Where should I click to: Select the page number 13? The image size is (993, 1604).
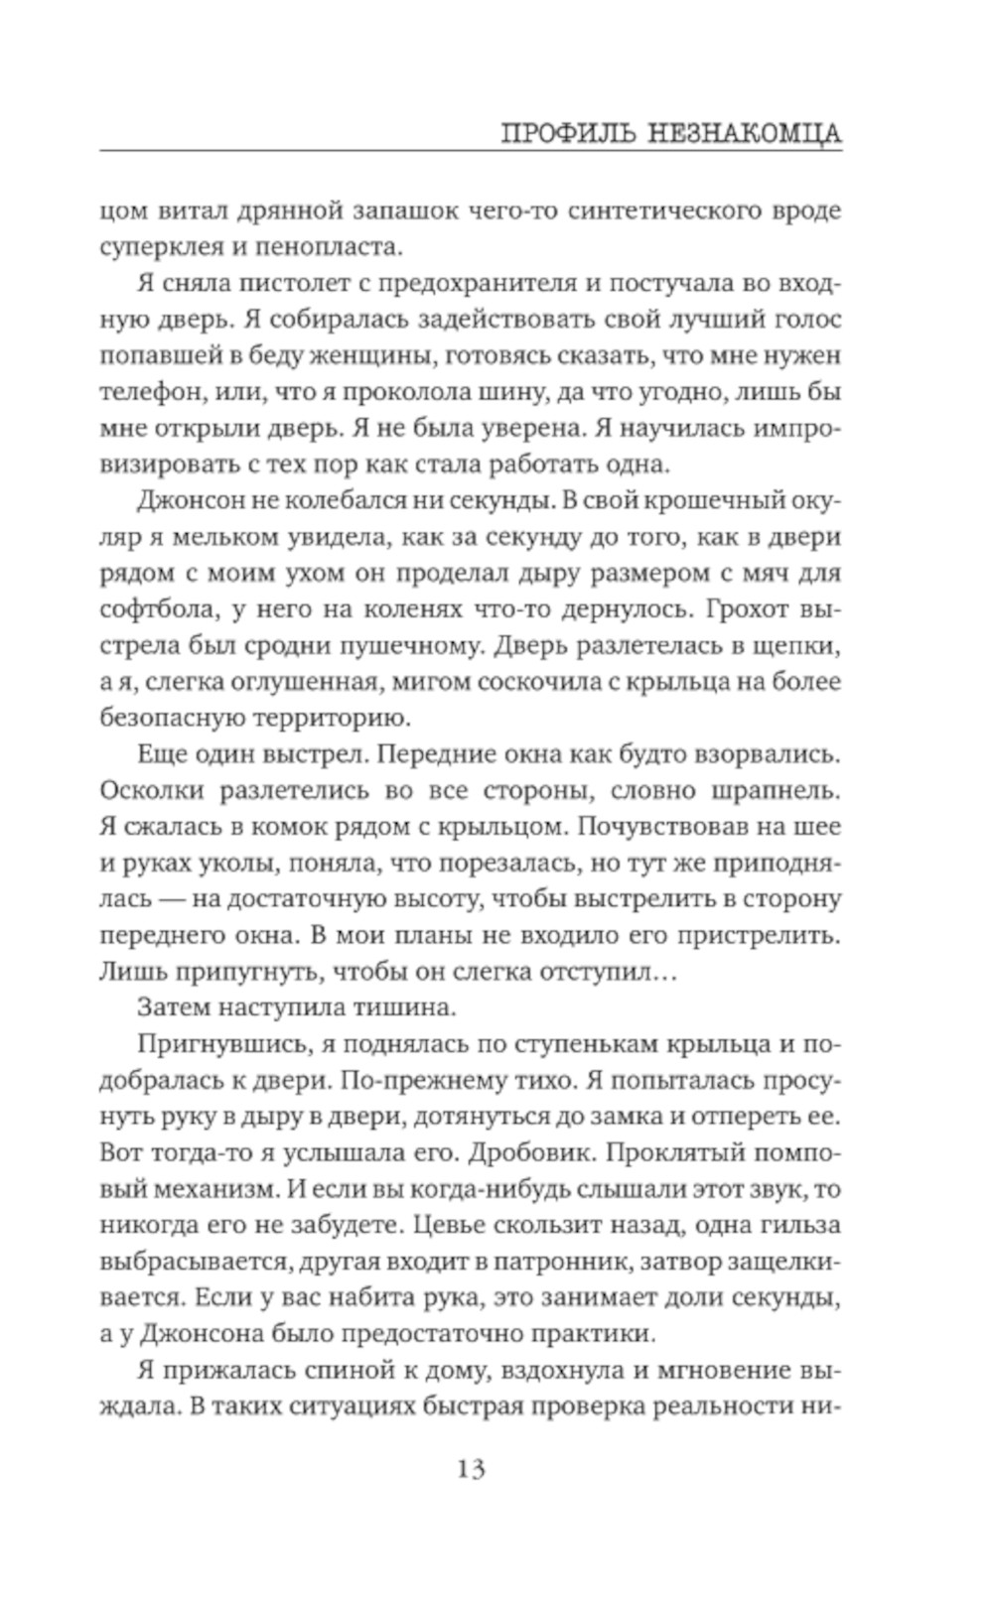click(x=471, y=1469)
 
